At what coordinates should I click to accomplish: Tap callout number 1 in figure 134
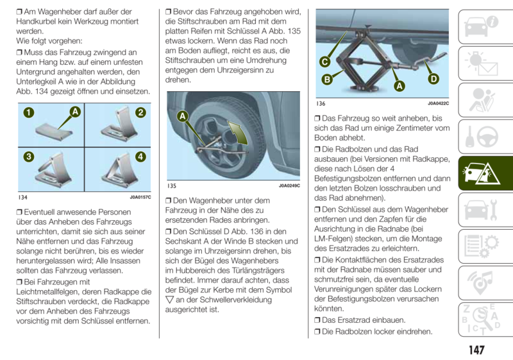click(29, 113)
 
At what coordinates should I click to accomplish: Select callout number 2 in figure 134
click(140, 113)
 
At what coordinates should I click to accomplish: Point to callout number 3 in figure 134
click(29, 157)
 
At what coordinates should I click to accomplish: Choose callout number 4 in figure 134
click(140, 157)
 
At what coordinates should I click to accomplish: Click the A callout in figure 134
click(75, 112)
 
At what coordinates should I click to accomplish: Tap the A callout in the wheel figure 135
click(182, 116)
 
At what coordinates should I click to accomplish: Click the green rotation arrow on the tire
click(237, 133)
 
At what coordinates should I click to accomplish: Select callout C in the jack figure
click(325, 62)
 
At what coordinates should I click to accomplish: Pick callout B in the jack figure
click(326, 80)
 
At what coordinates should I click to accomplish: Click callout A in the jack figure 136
click(399, 85)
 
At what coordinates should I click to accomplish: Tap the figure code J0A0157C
click(140, 198)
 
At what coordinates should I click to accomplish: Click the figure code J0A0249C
click(289, 185)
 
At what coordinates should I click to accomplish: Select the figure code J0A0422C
click(439, 103)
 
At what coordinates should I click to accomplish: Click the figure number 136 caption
click(321, 103)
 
